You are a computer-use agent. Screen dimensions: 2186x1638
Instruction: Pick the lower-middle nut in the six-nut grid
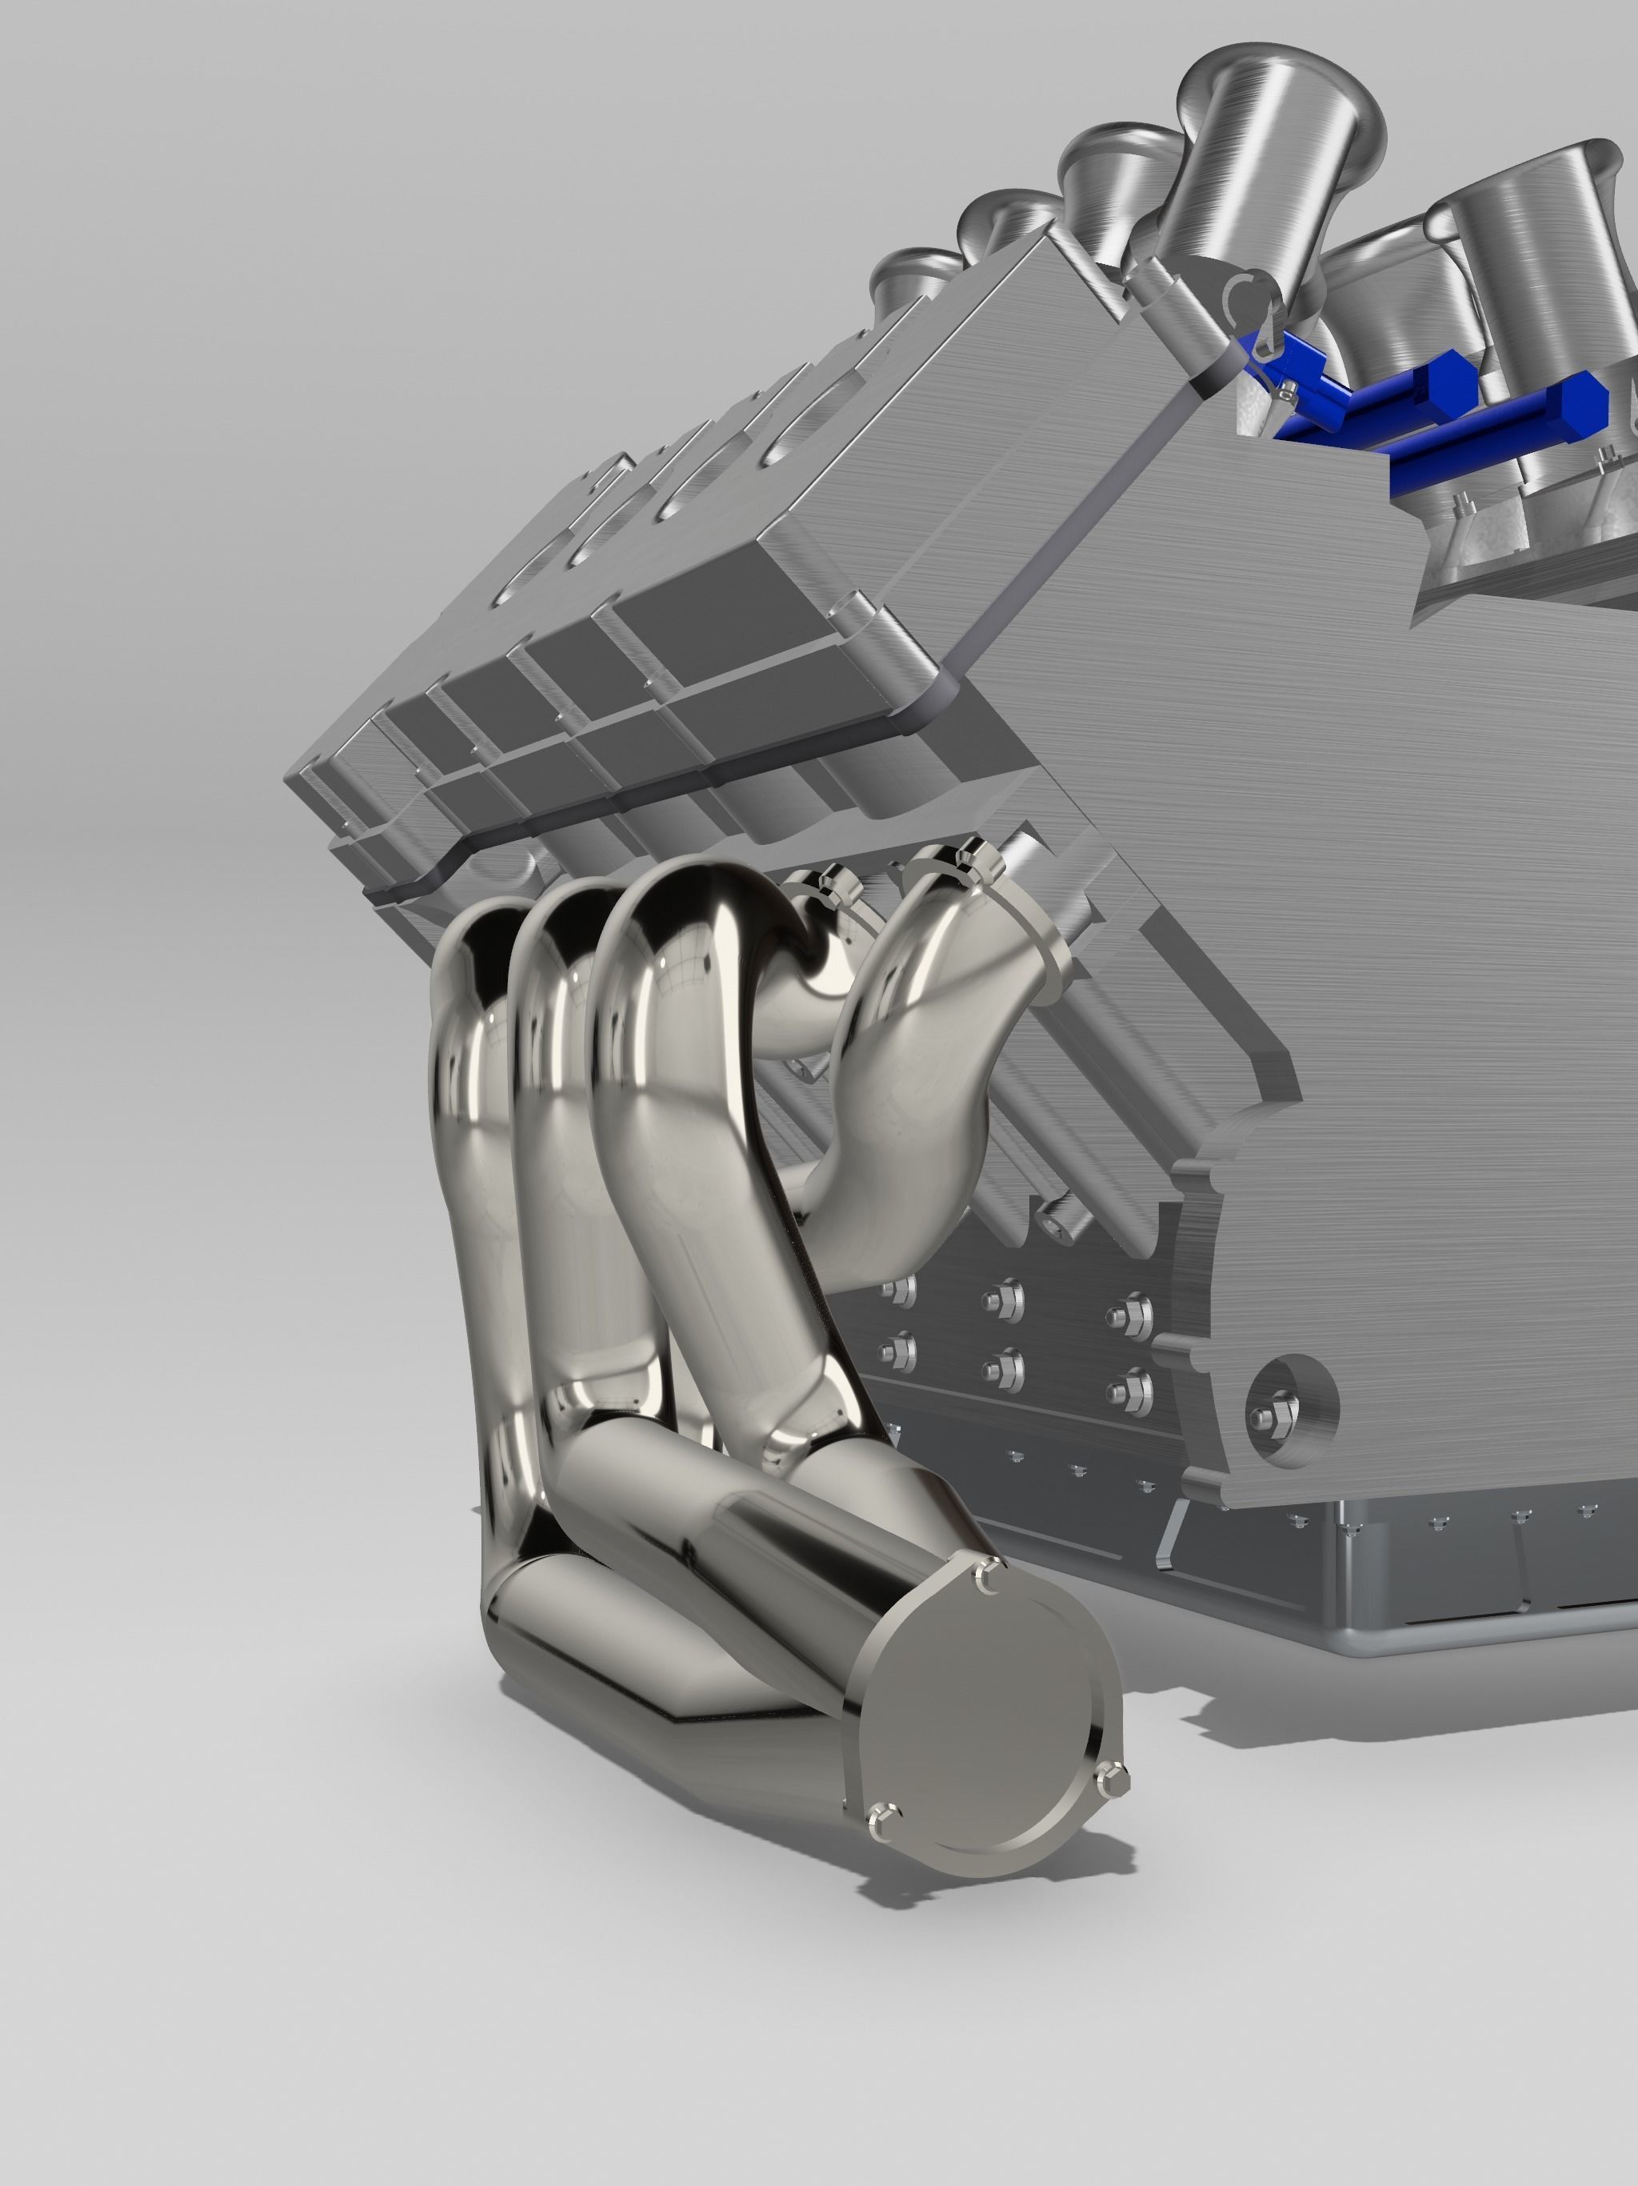coord(1004,1370)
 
